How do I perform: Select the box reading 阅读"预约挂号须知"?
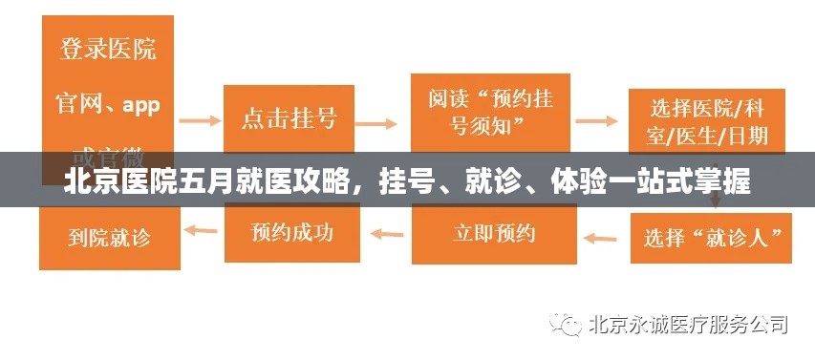(x=490, y=112)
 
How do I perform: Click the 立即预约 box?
(x=494, y=233)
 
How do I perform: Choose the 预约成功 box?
(x=292, y=231)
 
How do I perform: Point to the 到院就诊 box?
(x=109, y=234)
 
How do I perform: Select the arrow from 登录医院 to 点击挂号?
(x=200, y=121)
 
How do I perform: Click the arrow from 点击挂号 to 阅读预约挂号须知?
(x=376, y=122)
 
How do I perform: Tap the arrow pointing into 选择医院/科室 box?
(x=597, y=121)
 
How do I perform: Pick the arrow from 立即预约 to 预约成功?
(x=386, y=231)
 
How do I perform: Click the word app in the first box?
(x=140, y=104)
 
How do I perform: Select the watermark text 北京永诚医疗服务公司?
(x=689, y=325)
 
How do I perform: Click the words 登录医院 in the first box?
(x=108, y=50)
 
